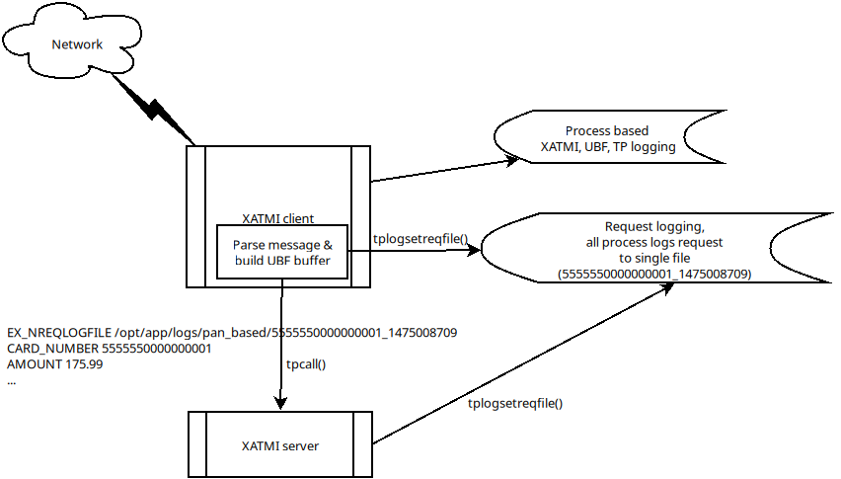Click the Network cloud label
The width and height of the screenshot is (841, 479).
(x=76, y=44)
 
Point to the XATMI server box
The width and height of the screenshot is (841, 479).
(x=279, y=445)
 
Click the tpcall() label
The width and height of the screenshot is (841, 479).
(x=305, y=363)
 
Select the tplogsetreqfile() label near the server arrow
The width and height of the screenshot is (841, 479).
(x=515, y=403)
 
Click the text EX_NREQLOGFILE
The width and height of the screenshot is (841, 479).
(x=58, y=333)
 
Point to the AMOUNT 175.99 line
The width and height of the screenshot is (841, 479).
(x=54, y=364)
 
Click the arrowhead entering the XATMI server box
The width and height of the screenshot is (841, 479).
(x=281, y=402)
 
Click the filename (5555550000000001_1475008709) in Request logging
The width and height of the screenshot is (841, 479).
(x=653, y=273)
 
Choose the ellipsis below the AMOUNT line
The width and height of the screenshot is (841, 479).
(x=11, y=380)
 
